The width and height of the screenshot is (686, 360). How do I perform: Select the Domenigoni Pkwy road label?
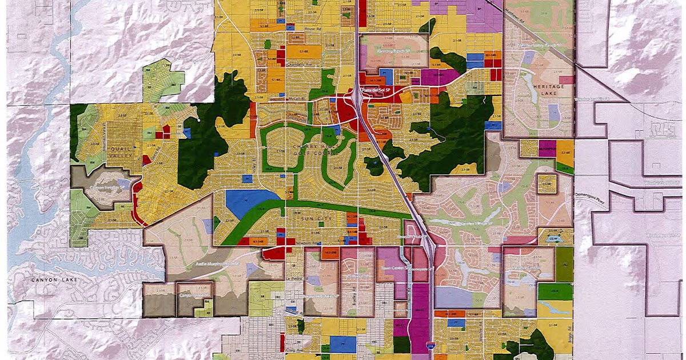coord(589,194)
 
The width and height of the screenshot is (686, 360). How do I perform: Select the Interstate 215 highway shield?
coord(429,347)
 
